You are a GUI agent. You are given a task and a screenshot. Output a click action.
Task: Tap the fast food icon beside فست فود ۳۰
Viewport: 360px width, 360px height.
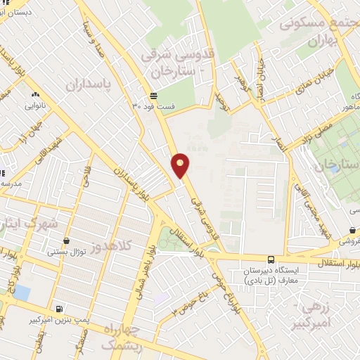point(153,97)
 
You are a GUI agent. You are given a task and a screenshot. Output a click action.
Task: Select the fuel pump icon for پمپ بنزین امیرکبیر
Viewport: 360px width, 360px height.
point(58,309)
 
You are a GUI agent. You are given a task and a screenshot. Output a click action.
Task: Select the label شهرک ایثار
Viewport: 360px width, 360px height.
point(25,224)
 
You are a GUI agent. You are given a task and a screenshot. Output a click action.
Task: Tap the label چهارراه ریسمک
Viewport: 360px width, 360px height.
point(121,337)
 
